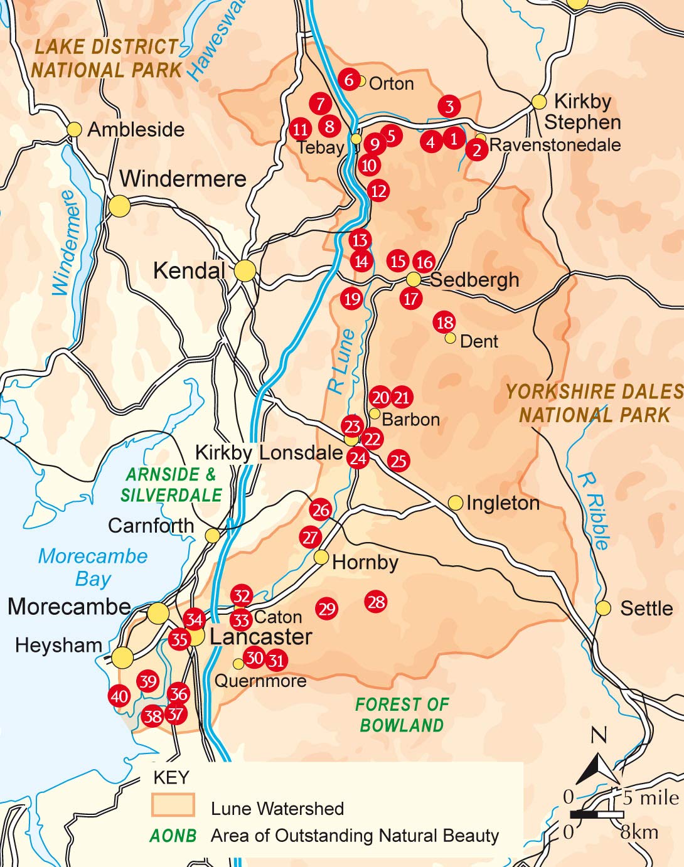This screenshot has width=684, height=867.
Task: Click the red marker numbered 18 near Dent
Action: pyautogui.click(x=444, y=322)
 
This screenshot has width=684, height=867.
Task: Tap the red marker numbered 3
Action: pyautogui.click(x=449, y=106)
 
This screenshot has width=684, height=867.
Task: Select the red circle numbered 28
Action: pyautogui.click(x=376, y=602)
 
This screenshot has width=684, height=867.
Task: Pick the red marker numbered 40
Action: pyautogui.click(x=119, y=696)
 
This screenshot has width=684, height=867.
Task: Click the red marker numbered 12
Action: pyautogui.click(x=378, y=191)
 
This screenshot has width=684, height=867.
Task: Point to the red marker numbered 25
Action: pyautogui.click(x=398, y=460)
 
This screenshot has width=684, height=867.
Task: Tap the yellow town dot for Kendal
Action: pyautogui.click(x=245, y=271)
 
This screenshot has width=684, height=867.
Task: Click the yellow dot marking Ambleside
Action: pyautogui.click(x=74, y=129)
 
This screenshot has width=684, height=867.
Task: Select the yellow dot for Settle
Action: pyautogui.click(x=603, y=608)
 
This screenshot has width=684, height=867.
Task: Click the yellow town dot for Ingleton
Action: pyautogui.click(x=456, y=503)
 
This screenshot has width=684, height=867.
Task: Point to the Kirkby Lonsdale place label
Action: pyautogui.click(x=269, y=452)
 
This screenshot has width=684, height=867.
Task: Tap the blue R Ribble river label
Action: pyautogui.click(x=594, y=511)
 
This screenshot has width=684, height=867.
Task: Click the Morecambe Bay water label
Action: pyautogui.click(x=93, y=567)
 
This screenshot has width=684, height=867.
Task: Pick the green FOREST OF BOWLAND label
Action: pyautogui.click(x=402, y=715)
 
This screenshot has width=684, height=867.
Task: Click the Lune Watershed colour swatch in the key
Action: pyautogui.click(x=173, y=805)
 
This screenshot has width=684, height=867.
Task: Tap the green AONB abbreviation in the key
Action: pyautogui.click(x=173, y=836)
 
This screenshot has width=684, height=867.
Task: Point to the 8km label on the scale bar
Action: pyautogui.click(x=639, y=832)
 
